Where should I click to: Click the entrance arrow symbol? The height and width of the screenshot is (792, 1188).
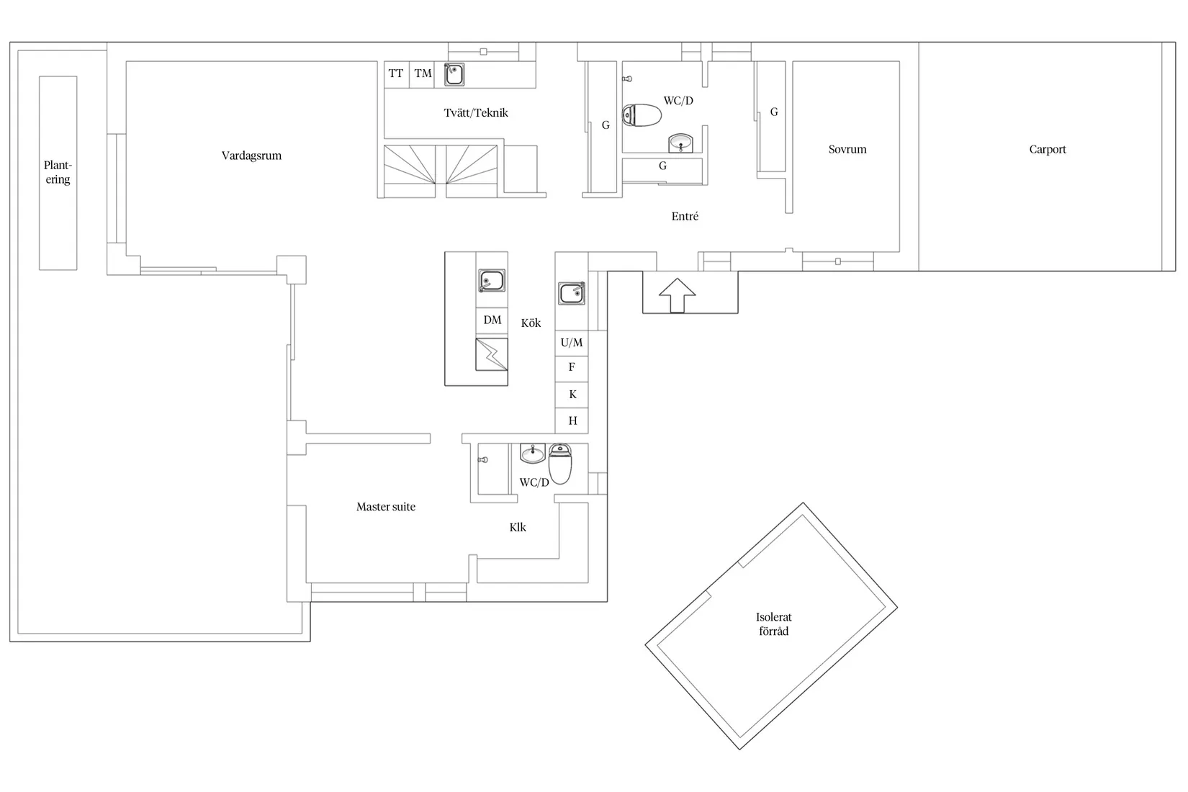coord(678,295)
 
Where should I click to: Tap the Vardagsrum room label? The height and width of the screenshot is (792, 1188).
coord(251,156)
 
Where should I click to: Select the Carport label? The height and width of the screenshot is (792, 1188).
coord(1048,150)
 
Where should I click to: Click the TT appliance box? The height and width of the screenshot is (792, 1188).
coord(396,74)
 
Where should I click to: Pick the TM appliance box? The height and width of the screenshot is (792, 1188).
coord(422,74)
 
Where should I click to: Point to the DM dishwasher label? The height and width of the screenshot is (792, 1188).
coord(492,320)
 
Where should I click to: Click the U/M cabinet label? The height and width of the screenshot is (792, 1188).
coord(572,343)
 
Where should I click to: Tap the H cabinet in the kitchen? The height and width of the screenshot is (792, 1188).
coord(572,420)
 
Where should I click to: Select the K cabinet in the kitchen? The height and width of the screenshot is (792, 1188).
coord(572,395)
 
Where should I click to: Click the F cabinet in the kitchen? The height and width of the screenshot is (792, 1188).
coord(572,367)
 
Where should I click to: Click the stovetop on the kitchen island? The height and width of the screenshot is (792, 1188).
coord(492,354)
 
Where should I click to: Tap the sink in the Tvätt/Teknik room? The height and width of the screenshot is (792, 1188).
coord(454,74)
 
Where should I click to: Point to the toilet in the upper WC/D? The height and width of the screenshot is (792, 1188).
coord(642,115)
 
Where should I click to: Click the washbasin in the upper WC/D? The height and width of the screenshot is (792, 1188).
coord(680,143)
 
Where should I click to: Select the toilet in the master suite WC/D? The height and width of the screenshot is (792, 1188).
coord(560,464)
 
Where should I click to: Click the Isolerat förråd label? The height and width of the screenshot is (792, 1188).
coord(774,624)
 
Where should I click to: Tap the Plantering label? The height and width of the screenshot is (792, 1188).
coord(58,172)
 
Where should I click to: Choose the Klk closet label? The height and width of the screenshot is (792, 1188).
coord(518,527)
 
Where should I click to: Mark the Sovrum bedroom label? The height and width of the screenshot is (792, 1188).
coord(847,150)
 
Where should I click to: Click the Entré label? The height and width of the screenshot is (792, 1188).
coord(685,217)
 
